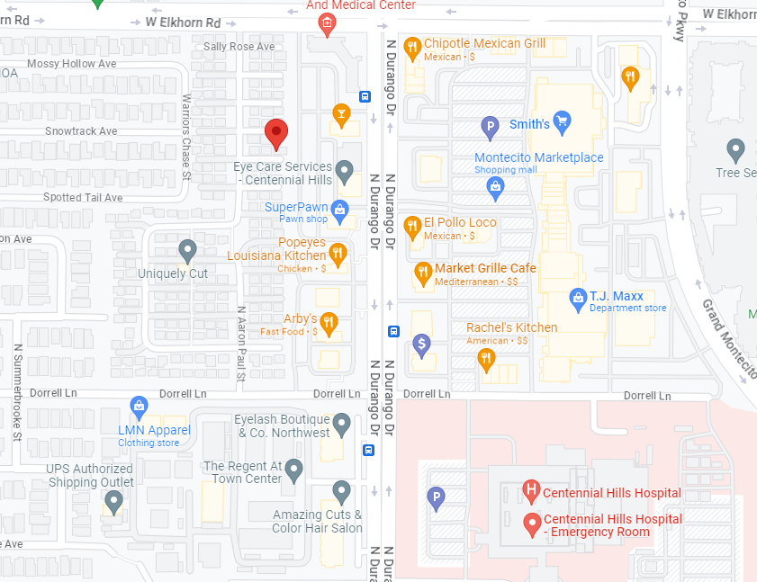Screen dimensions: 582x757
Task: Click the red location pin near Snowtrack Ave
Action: tap(277, 134)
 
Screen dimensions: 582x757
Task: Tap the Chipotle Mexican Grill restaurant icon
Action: tap(412, 48)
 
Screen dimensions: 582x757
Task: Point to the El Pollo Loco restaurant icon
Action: tap(412, 227)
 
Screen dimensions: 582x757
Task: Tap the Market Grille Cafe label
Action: tap(485, 268)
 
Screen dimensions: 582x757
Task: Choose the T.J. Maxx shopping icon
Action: tap(579, 297)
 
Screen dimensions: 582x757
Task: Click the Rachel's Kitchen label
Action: tap(511, 327)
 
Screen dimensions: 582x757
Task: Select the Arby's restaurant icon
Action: tap(329, 322)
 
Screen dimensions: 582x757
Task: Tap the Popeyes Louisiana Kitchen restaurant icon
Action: tap(338, 254)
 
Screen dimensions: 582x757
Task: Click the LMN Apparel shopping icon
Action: tap(139, 407)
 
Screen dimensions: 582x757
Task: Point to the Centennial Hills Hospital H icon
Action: tap(531, 491)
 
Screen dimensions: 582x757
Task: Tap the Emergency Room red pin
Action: tap(531, 523)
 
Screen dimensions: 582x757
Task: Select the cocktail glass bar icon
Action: tap(341, 114)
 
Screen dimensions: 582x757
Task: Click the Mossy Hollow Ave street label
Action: tap(72, 64)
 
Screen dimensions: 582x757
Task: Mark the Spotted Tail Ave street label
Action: tap(83, 197)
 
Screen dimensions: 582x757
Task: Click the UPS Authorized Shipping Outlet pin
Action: tap(113, 502)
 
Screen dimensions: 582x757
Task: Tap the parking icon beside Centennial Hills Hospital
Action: tap(437, 497)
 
